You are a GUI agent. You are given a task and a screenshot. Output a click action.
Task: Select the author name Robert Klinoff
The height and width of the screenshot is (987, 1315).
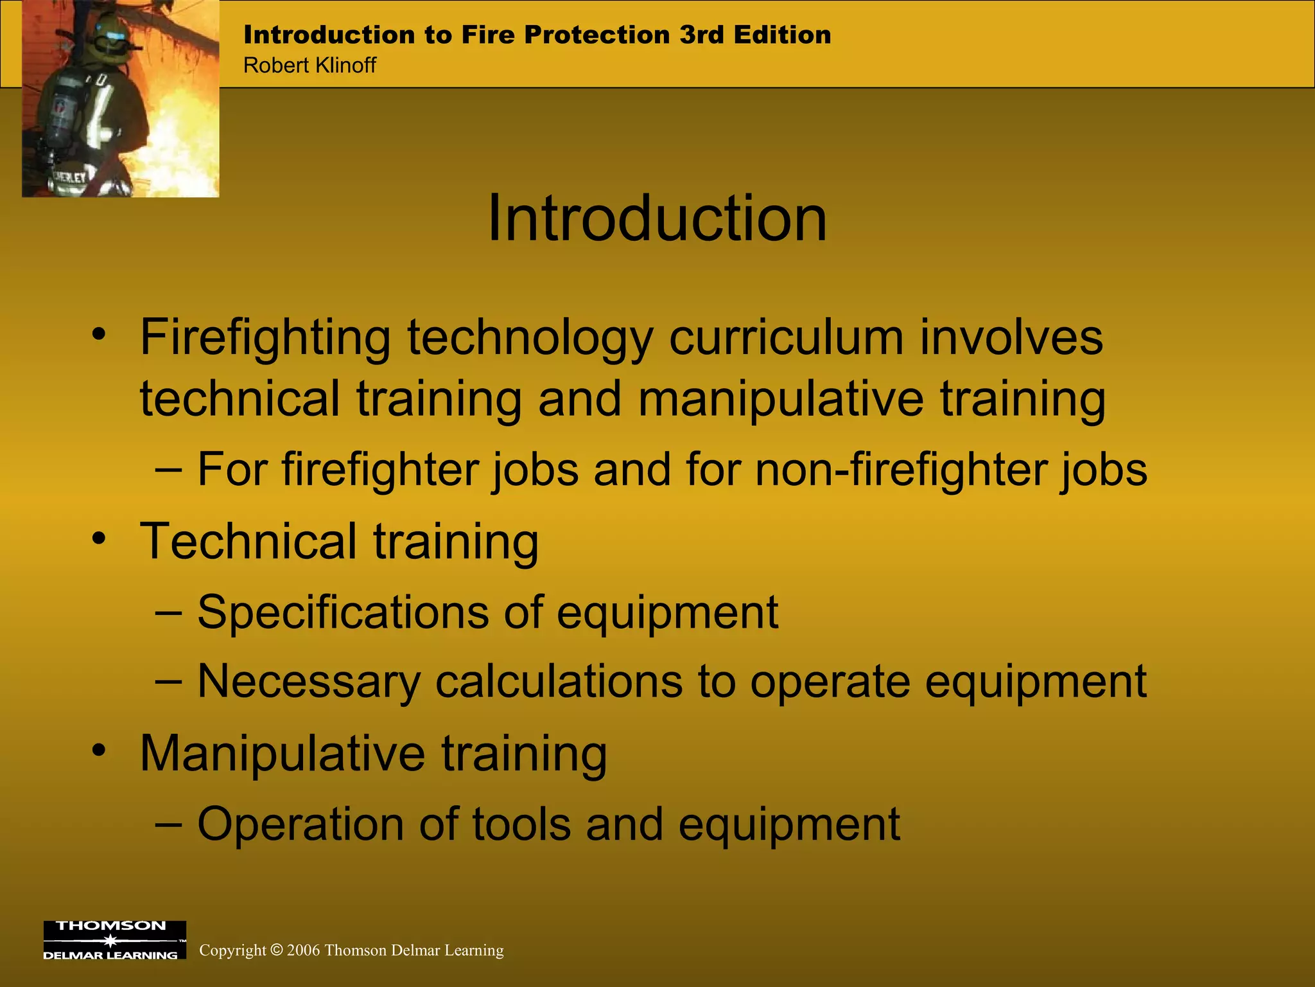click(x=309, y=65)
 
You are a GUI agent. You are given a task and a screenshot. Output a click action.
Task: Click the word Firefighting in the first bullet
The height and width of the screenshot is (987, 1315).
click(x=265, y=338)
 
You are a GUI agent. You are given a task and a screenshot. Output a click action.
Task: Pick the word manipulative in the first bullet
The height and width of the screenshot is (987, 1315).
click(x=781, y=398)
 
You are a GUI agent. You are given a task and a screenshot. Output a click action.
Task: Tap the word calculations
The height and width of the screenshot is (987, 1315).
click(x=559, y=680)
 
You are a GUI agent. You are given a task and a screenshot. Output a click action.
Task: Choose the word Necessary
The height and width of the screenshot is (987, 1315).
click(x=308, y=682)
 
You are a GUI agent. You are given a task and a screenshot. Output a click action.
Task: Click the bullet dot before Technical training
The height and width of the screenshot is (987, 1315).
click(x=98, y=538)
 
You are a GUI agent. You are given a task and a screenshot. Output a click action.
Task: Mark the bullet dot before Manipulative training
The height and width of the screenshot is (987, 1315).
click(x=98, y=750)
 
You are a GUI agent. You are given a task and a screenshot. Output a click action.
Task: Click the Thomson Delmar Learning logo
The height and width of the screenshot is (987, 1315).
click(x=114, y=940)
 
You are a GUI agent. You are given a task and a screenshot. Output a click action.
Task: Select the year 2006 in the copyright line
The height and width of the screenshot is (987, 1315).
click(x=303, y=950)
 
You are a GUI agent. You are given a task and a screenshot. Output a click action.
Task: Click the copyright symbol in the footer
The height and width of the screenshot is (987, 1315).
click(x=276, y=950)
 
